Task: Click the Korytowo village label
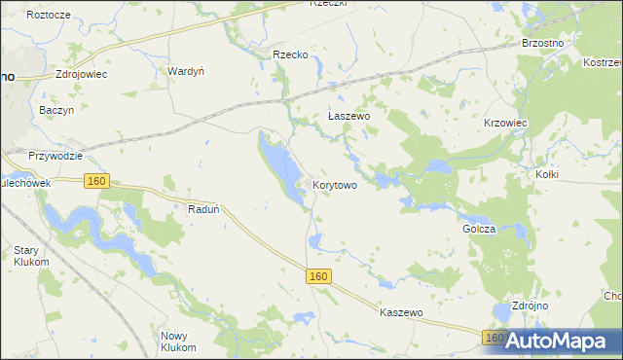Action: [x=340, y=184]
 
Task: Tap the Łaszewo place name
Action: [x=348, y=116]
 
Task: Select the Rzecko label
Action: [x=290, y=55]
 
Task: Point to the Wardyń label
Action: [x=185, y=71]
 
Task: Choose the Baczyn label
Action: [x=56, y=111]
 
